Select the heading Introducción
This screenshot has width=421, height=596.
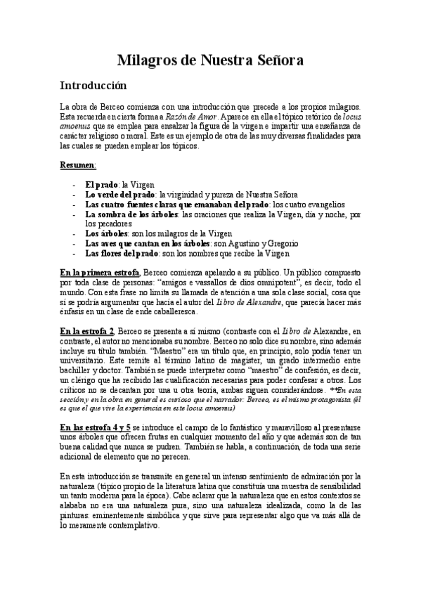[x=93, y=86]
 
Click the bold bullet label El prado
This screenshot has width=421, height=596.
[x=100, y=184]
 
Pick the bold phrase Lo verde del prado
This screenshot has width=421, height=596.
[x=120, y=194]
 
